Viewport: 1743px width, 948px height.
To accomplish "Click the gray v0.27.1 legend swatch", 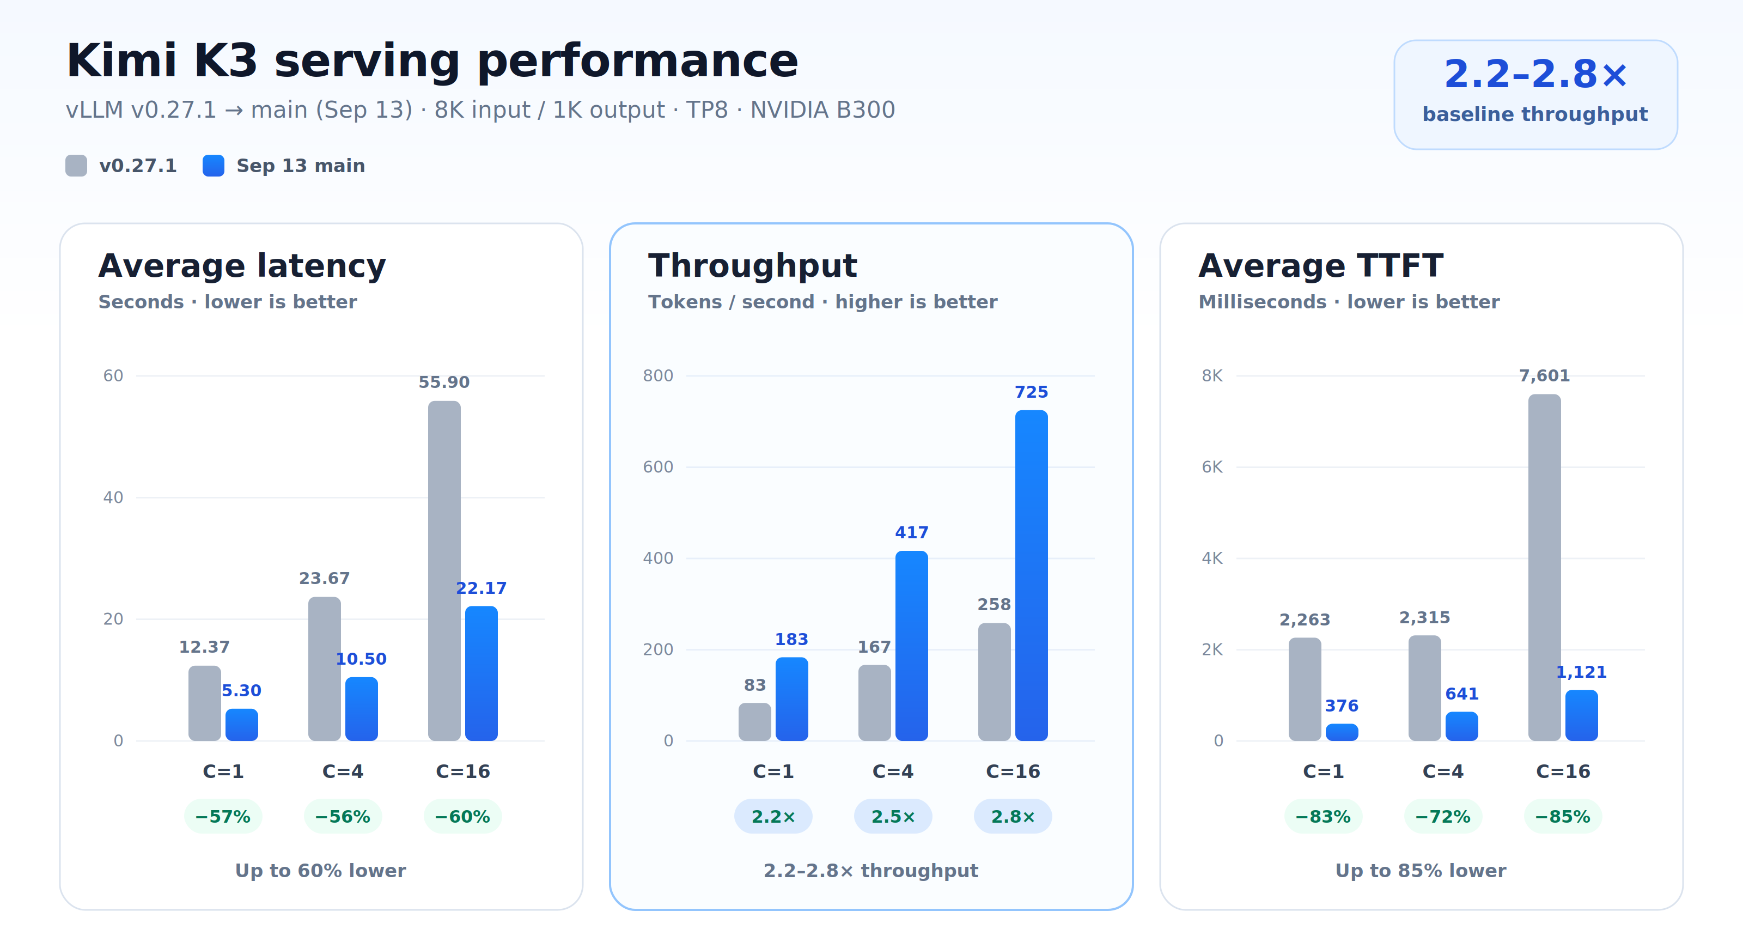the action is (76, 166).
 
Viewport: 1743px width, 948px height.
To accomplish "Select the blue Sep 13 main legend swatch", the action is (213, 166).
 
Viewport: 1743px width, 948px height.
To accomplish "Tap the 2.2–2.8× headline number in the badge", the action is (1535, 75).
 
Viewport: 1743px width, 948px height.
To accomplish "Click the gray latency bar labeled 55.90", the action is (444, 570).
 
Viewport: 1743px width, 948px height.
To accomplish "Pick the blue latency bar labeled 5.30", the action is (241, 725).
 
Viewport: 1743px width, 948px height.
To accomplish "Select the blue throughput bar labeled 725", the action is (1031, 575).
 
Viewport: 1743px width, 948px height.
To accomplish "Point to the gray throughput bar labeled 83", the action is (754, 722).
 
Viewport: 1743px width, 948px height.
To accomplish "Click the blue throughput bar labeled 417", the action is (911, 646).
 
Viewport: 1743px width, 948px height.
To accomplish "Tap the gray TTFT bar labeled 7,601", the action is (1544, 567).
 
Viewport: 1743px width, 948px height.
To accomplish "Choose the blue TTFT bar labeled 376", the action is (1342, 732).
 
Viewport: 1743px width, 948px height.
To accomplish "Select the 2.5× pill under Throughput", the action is (893, 816).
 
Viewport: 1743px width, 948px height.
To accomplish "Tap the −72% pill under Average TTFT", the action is (1443, 816).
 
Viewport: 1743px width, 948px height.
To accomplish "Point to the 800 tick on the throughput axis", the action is (657, 375).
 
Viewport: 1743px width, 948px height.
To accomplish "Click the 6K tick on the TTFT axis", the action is (1212, 467).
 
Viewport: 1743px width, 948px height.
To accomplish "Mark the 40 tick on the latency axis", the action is (113, 497).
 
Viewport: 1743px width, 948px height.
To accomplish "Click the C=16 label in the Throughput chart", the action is (1013, 771).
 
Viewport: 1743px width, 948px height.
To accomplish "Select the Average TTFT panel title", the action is (1321, 265).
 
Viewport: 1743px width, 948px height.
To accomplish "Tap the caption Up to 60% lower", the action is (321, 870).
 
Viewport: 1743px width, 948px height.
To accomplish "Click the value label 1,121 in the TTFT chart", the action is (1581, 672).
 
